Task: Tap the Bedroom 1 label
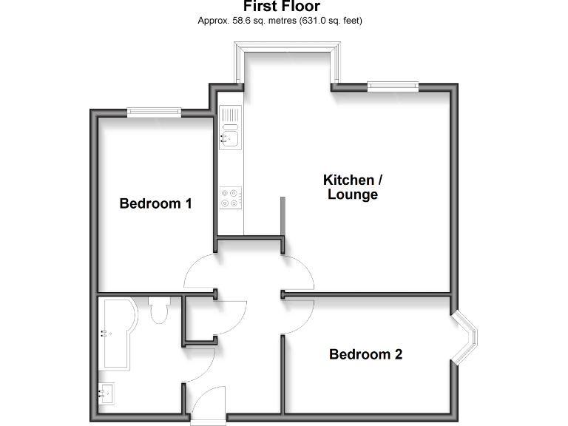tap(156, 203)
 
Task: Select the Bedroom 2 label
tap(365, 354)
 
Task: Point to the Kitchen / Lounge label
tap(354, 187)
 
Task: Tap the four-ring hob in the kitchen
tap(230, 197)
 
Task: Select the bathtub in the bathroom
tap(115, 334)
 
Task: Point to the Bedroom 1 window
tap(154, 112)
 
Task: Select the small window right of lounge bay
tap(393, 87)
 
